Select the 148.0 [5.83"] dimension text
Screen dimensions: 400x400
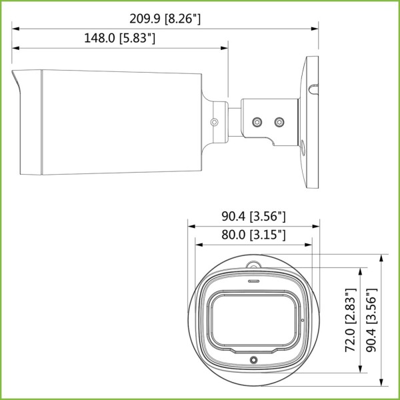[x=120, y=39]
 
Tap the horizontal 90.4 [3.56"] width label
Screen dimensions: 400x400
[x=253, y=216]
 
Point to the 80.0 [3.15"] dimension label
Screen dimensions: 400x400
[x=253, y=235]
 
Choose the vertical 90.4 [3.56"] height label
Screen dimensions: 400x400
[x=371, y=320]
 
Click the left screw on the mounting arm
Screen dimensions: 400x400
[x=257, y=122]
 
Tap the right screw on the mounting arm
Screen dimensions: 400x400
[x=279, y=122]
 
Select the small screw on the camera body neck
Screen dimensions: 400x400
[x=215, y=122]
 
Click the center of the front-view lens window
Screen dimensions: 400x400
[x=253, y=319]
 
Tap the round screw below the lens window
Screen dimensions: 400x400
[x=253, y=360]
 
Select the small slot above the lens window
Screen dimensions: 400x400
[x=253, y=281]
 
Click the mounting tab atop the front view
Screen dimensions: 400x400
[x=253, y=265]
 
